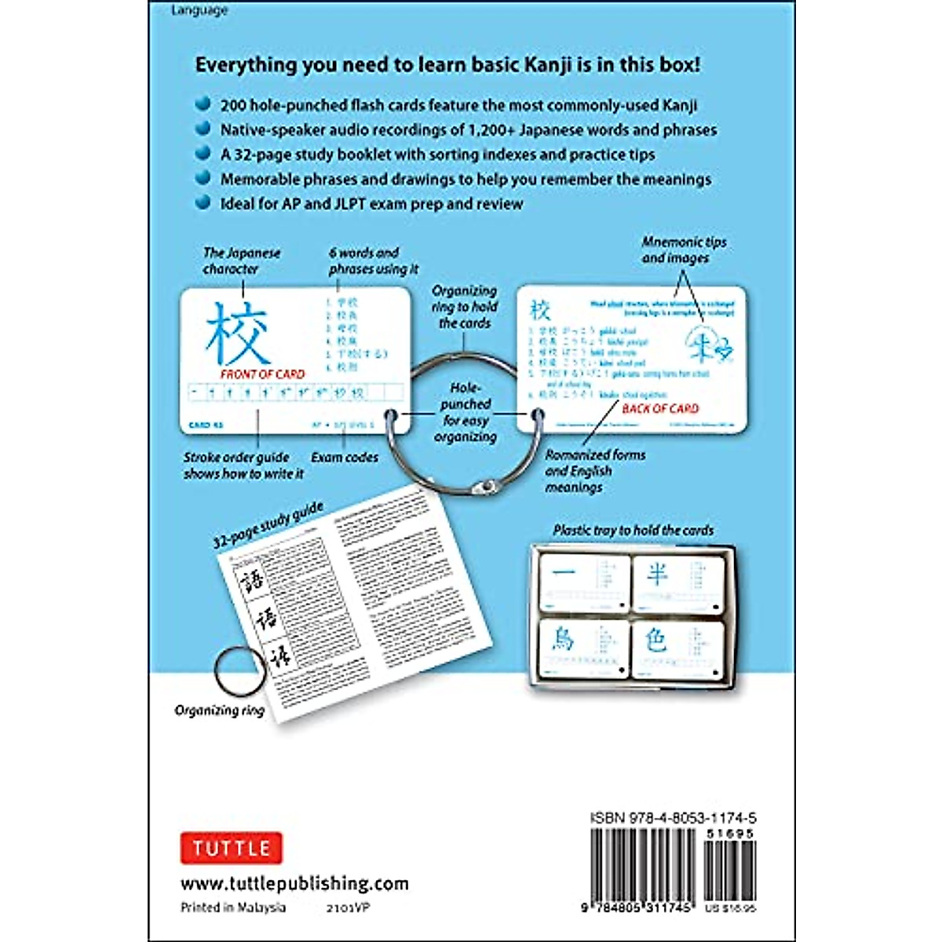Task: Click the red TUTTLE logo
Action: pyautogui.click(x=231, y=848)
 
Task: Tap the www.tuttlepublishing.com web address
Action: pyautogui.click(x=294, y=884)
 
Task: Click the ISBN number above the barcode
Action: pyautogui.click(x=674, y=818)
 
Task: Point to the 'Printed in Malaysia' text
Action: pyautogui.click(x=233, y=907)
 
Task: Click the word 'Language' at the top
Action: pyautogui.click(x=199, y=10)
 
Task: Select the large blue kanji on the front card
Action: pyautogui.click(x=237, y=334)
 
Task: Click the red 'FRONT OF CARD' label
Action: pyautogui.click(x=262, y=374)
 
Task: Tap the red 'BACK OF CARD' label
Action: pyautogui.click(x=660, y=408)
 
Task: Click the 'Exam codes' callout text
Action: pyautogui.click(x=345, y=457)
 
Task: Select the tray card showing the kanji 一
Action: pyautogui.click(x=583, y=582)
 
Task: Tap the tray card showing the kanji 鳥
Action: pyautogui.click(x=583, y=648)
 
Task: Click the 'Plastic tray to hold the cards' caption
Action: pyautogui.click(x=633, y=531)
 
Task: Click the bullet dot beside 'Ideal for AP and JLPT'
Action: pyautogui.click(x=203, y=203)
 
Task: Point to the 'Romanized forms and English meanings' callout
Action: pyautogui.click(x=595, y=471)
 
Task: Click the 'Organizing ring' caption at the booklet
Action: pyautogui.click(x=219, y=710)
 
